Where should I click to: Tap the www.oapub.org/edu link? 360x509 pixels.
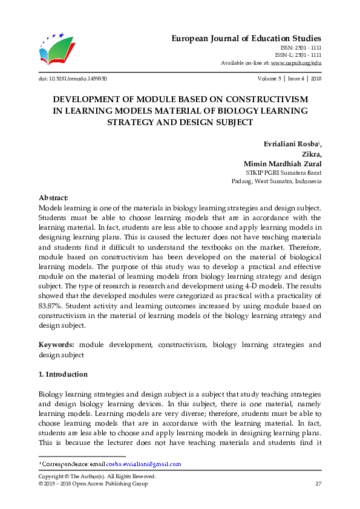point(296,63)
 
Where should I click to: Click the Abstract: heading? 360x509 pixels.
point(53,198)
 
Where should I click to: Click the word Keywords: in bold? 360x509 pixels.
point(57,345)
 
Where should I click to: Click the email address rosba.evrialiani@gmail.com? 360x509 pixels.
point(143,464)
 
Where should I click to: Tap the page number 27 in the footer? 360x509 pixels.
point(318,484)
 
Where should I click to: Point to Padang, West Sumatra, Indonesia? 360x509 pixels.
point(277,181)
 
